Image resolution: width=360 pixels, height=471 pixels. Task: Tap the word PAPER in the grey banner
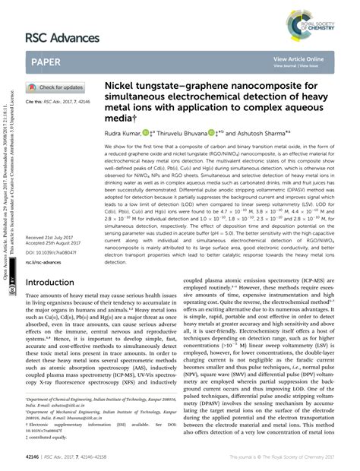click(x=47, y=61)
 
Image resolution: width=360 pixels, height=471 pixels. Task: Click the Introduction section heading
click(x=56, y=260)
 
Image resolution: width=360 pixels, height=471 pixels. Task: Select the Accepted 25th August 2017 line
click(x=58, y=223)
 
